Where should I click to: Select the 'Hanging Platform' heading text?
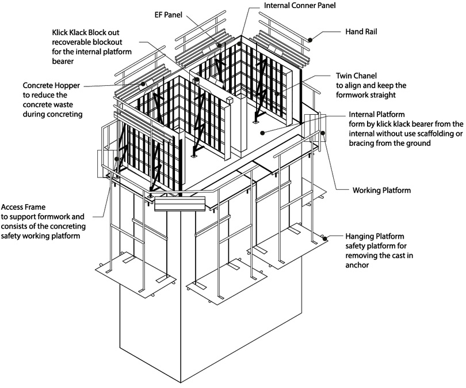click(x=375, y=237)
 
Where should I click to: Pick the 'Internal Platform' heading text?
click(x=376, y=115)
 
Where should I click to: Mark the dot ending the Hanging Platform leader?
click(x=325, y=238)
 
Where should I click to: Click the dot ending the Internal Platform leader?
click(x=262, y=132)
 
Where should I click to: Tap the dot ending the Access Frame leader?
click(x=117, y=159)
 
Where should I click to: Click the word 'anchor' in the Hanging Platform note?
click(x=357, y=266)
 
